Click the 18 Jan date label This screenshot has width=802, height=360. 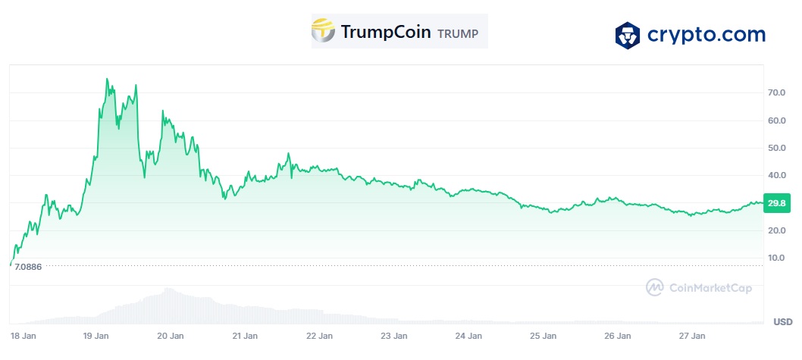tap(20, 336)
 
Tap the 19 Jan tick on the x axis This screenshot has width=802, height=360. tap(95, 336)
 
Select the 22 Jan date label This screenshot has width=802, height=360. tap(319, 336)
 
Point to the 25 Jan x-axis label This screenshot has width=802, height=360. tap(544, 336)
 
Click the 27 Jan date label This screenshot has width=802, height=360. tap(693, 336)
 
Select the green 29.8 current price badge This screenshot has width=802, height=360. tap(775, 203)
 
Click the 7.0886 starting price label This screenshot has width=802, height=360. tap(28, 268)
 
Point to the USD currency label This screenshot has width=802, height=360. tap(782, 322)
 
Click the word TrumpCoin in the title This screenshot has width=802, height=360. tap(386, 32)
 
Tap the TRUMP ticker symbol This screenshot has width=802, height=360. tap(458, 33)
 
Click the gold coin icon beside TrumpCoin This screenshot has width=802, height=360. tap(324, 31)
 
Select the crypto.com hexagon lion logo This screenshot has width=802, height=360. tap(628, 35)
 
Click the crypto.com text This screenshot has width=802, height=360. tap(706, 35)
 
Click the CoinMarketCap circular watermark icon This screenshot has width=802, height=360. tap(654, 287)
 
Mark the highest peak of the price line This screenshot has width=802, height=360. tap(107, 79)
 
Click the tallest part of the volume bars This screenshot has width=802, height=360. tap(167, 290)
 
